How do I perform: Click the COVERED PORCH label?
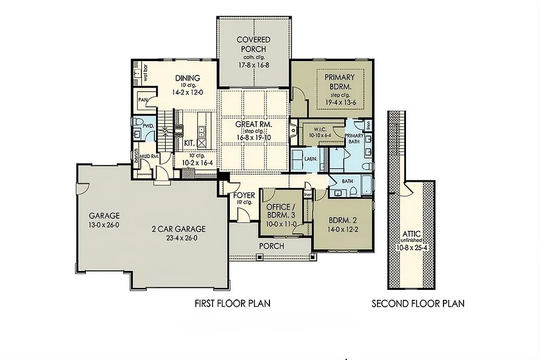click(253, 44)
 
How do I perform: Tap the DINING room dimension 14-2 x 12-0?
click(187, 92)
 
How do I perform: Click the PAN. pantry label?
click(142, 100)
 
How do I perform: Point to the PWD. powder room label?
click(149, 127)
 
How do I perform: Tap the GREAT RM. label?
click(254, 124)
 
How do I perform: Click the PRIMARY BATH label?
click(354, 139)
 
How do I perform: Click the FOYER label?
click(244, 196)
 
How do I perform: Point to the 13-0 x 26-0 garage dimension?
click(104, 225)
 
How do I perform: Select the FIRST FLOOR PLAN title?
click(233, 304)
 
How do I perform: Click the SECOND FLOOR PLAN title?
click(418, 304)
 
